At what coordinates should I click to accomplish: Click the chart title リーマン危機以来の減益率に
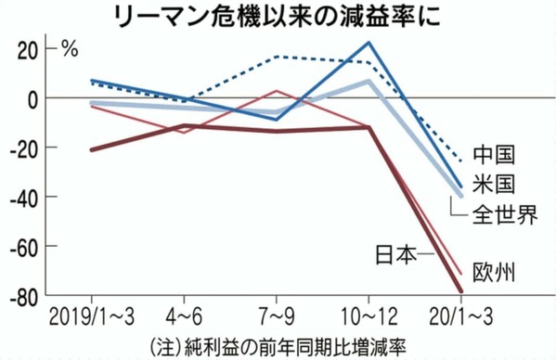278,18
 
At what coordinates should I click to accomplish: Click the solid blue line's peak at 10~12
370,43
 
